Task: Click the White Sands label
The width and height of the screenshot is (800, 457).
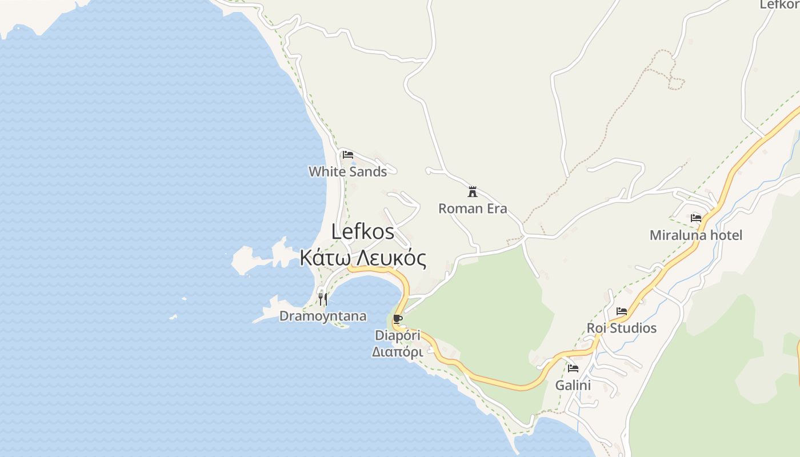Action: click(347, 171)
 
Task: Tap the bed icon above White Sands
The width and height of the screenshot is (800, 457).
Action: click(347, 154)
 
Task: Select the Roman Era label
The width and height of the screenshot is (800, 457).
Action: click(473, 209)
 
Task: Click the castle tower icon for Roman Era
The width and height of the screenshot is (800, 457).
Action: click(473, 191)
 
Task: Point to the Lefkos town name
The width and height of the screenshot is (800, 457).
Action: click(363, 231)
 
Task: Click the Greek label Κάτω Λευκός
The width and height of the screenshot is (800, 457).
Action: click(363, 258)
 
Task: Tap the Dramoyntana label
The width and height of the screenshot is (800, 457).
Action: click(323, 316)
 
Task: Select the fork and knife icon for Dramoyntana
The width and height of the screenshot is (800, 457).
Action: click(323, 299)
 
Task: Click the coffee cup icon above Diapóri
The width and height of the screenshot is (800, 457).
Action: click(398, 319)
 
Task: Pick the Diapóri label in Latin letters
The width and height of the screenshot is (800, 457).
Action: click(398, 335)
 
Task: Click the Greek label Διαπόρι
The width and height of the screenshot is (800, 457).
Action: click(398, 352)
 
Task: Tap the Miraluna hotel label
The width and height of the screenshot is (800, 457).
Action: click(696, 235)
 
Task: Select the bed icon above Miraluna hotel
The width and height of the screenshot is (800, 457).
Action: click(696, 218)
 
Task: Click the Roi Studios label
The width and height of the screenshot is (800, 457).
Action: click(622, 328)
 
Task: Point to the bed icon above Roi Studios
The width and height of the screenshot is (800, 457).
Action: click(622, 311)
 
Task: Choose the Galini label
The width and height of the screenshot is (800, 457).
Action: click(573, 385)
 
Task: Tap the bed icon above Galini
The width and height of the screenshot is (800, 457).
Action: click(573, 368)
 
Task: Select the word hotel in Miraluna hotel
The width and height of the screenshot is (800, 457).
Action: click(724, 235)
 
